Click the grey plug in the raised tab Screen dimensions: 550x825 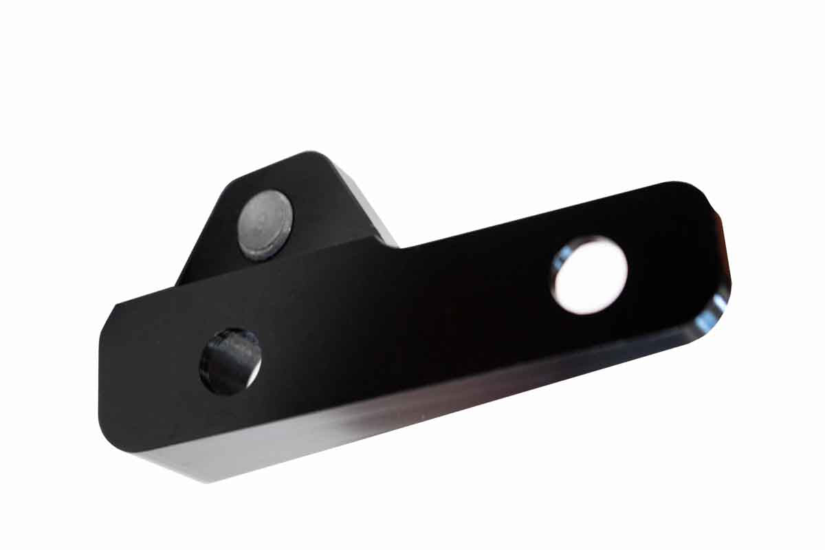[x=265, y=224]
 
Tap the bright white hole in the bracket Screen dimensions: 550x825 [x=590, y=275]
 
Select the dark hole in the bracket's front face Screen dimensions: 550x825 [x=230, y=361]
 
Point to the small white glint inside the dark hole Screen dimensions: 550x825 [x=254, y=371]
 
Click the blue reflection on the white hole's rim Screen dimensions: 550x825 [x=558, y=265]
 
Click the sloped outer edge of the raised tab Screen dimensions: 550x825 [x=206, y=227]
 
